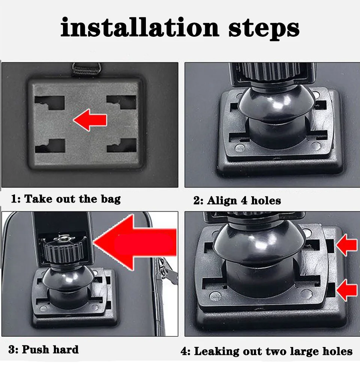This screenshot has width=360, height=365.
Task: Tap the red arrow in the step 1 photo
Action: coord(90,120)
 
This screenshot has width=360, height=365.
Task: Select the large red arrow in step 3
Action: coord(135,242)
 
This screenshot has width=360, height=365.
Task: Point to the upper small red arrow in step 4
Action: coord(346,245)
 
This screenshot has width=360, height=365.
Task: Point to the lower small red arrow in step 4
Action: coord(346,290)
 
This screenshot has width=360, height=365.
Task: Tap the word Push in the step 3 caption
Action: coord(35,349)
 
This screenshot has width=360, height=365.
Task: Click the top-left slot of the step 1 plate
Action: coord(49,103)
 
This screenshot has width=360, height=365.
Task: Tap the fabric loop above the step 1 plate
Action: coord(86,69)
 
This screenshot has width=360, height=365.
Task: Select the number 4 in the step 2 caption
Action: coord(244,200)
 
